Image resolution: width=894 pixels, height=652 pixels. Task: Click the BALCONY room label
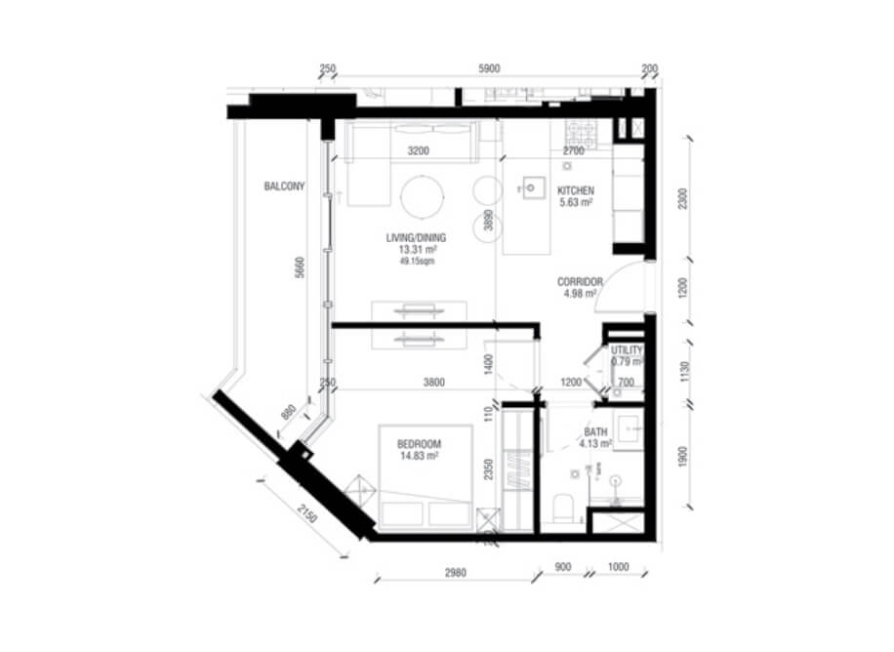[x=285, y=185]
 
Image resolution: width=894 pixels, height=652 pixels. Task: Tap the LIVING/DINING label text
[x=415, y=237]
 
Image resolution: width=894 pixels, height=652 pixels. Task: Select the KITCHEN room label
[x=576, y=191]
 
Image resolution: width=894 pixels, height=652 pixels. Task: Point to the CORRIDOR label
[x=580, y=283]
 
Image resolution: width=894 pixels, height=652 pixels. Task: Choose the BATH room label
[x=595, y=431]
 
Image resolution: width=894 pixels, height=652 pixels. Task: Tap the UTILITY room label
[x=626, y=350]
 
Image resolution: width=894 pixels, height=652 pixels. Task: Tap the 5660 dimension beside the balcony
[x=301, y=269]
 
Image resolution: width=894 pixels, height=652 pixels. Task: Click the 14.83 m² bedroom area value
[x=417, y=455]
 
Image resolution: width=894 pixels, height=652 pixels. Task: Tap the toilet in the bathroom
[x=561, y=507]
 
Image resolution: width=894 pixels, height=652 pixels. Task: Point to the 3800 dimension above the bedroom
[x=420, y=383]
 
